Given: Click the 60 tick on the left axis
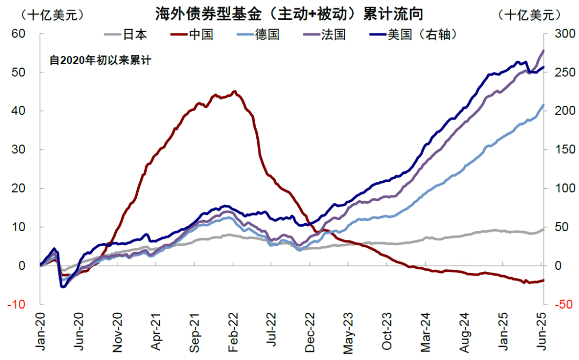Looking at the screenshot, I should click(19, 33).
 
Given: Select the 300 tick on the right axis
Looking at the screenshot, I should click(558, 33).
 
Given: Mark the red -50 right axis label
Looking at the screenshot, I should click(558, 304).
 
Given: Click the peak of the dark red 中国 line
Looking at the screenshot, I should click(234, 92).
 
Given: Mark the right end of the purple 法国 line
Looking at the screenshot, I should click(543, 51).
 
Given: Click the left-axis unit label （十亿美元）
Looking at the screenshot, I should click(44, 14).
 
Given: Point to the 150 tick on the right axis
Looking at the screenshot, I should click(558, 149).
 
